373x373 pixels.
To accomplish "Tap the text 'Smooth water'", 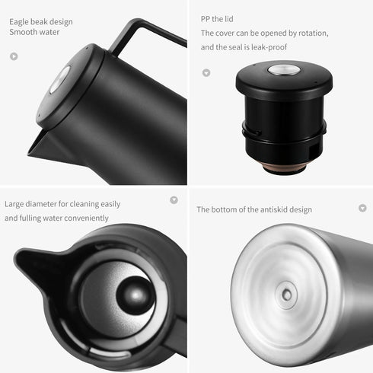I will (x=34, y=33).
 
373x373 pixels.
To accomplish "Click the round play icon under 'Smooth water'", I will (x=14, y=56).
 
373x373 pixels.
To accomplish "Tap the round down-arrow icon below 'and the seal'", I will (x=206, y=73).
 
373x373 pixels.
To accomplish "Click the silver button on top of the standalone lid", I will (x=279, y=71).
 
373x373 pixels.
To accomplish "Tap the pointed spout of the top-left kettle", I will (x=35, y=149).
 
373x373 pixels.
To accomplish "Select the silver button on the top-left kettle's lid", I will (x=60, y=78).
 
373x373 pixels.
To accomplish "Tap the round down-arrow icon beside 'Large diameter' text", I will (x=174, y=199).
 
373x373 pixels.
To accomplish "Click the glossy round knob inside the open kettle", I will (x=134, y=295).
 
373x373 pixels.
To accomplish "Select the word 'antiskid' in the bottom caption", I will (x=263, y=209).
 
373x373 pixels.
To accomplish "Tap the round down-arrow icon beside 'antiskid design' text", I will (x=362, y=208).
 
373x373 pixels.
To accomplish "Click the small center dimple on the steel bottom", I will (x=287, y=293).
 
